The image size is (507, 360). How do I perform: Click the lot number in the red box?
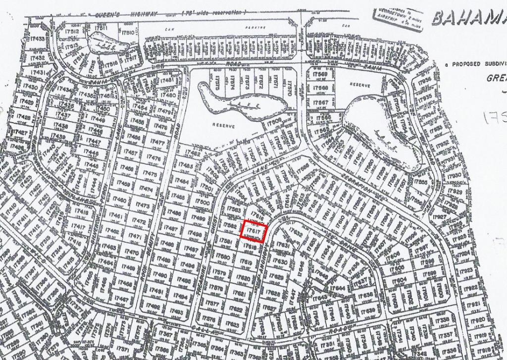click(x=254, y=232)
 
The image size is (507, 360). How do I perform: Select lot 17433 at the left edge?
click(x=37, y=39)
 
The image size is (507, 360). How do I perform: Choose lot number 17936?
click(x=424, y=80)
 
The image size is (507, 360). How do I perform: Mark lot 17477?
click(x=156, y=143)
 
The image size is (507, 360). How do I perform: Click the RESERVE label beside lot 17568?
click(x=360, y=85)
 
